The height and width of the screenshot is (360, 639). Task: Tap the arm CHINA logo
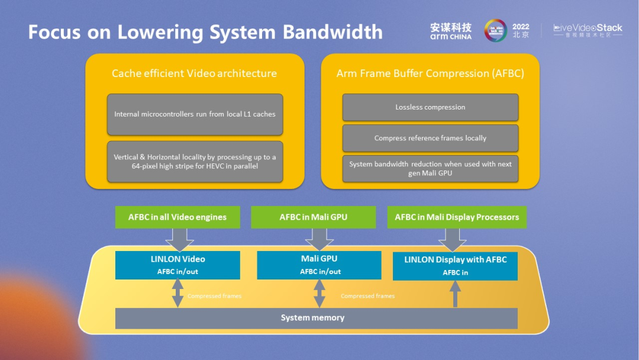451,31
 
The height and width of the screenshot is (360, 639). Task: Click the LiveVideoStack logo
588,31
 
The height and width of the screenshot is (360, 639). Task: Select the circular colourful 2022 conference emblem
495,30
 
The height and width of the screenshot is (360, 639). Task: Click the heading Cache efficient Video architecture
194,73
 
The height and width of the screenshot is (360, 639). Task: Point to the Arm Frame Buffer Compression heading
430,73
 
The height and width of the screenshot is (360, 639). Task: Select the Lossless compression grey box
430,107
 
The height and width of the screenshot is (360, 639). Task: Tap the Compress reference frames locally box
430,138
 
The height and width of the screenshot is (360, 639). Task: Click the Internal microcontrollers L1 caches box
195,114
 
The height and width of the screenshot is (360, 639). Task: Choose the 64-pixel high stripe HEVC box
195,162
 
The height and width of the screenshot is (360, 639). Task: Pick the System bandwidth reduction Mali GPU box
430,168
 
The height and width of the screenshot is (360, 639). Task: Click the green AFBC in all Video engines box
177,217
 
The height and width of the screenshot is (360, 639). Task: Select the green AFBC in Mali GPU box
314,217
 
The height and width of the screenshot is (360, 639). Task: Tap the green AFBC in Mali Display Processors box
457,217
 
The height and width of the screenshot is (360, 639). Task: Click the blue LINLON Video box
177,265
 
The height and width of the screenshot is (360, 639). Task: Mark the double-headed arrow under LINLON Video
177,294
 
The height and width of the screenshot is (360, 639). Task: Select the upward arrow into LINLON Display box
455,294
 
